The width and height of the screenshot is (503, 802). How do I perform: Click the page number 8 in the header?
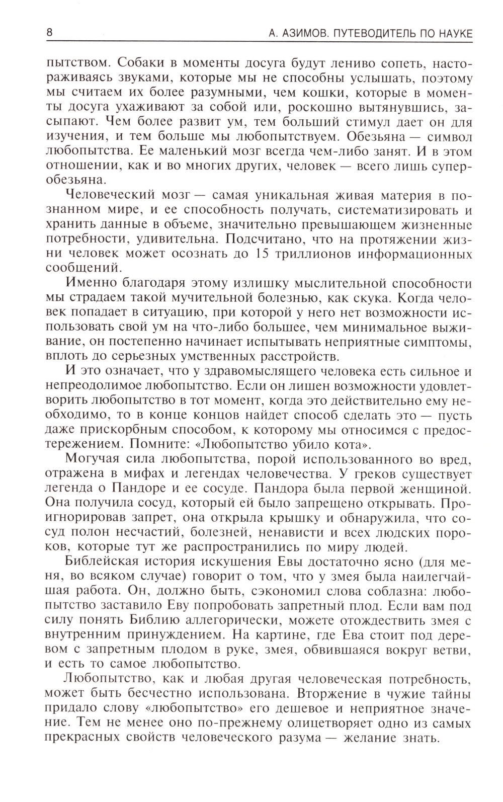pos(49,33)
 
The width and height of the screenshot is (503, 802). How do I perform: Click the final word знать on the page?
pos(421,738)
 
